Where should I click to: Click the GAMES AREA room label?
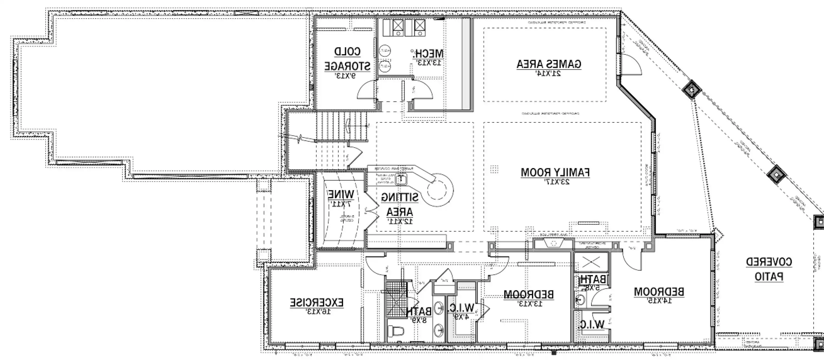pyautogui.click(x=549, y=64)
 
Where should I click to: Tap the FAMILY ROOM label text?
pyautogui.click(x=555, y=173)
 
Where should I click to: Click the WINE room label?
pyautogui.click(x=341, y=194)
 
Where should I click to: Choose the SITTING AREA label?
pyautogui.click(x=400, y=205)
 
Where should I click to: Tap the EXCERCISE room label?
pyautogui.click(x=317, y=302)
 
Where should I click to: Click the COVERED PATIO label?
pyautogui.click(x=769, y=269)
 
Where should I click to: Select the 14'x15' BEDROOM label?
pyautogui.click(x=659, y=292)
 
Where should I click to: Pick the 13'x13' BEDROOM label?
pyautogui.click(x=529, y=294)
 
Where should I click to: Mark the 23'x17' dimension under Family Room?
pyautogui.click(x=555, y=182)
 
